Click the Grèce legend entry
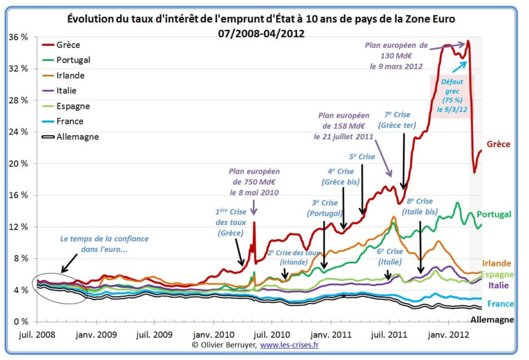(68, 45)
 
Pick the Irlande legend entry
(70, 75)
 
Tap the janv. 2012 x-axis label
(448, 334)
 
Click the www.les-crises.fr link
(289, 345)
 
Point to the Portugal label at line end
(494, 214)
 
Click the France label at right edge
(500, 304)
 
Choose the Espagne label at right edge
(497, 274)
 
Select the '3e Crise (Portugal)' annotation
(324, 208)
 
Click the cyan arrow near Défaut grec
(460, 66)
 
